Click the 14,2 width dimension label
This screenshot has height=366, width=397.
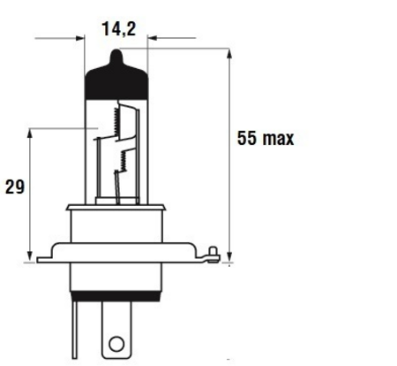(119, 29)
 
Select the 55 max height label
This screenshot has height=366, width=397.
(266, 138)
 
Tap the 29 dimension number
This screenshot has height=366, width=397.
(15, 187)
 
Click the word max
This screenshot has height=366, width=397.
(279, 139)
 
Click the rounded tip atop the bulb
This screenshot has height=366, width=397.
(116, 56)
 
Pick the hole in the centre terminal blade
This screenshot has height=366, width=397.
(116, 344)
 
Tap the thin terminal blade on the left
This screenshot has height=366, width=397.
(75, 330)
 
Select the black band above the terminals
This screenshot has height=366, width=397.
(116, 296)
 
